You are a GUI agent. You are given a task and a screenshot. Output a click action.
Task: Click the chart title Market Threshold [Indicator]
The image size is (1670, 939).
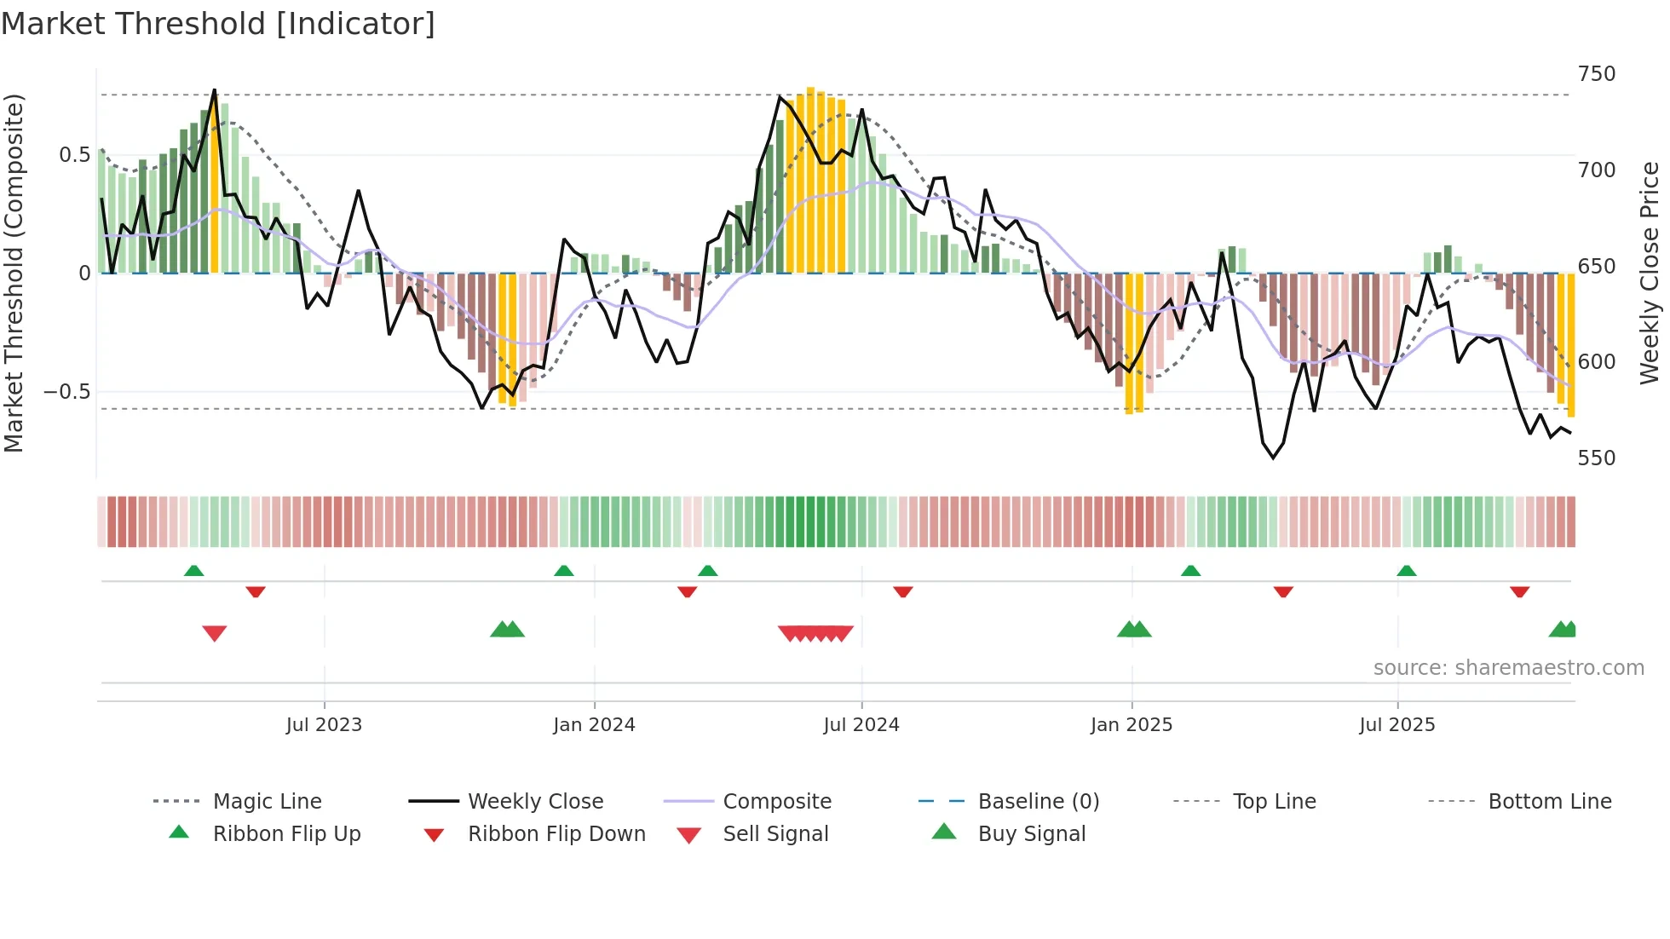coord(218,24)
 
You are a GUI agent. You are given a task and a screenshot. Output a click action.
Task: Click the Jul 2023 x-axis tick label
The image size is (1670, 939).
coord(324,725)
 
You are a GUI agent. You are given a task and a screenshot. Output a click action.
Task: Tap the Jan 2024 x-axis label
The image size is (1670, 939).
coord(594,725)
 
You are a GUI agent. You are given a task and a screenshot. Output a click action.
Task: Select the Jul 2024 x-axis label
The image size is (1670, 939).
coord(861,725)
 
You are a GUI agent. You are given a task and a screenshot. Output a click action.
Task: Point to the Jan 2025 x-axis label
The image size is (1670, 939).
coord(1132,725)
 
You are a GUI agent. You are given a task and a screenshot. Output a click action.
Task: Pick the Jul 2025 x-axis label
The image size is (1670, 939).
coord(1397,725)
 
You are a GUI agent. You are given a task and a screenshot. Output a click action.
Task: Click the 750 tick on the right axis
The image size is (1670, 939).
coord(1597,74)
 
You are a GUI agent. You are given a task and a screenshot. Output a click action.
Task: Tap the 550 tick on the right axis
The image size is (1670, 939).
coord(1597,458)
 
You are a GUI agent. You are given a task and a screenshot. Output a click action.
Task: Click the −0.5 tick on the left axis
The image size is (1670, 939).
coord(66,392)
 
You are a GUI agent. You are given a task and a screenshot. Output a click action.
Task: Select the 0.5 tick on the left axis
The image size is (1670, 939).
coord(74,155)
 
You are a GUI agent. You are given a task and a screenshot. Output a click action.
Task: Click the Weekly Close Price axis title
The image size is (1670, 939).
coord(1650,273)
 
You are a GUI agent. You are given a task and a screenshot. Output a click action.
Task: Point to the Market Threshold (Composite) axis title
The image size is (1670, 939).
coord(14,273)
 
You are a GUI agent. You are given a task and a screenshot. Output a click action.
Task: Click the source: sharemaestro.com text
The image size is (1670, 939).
coord(1508,668)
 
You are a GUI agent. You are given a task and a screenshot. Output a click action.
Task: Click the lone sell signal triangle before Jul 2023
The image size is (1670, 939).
coord(215,633)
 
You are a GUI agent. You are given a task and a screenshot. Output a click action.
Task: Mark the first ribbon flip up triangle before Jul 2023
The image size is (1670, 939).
coord(194,570)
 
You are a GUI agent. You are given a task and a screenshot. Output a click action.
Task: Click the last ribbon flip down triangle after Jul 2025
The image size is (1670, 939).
coord(1519,591)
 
